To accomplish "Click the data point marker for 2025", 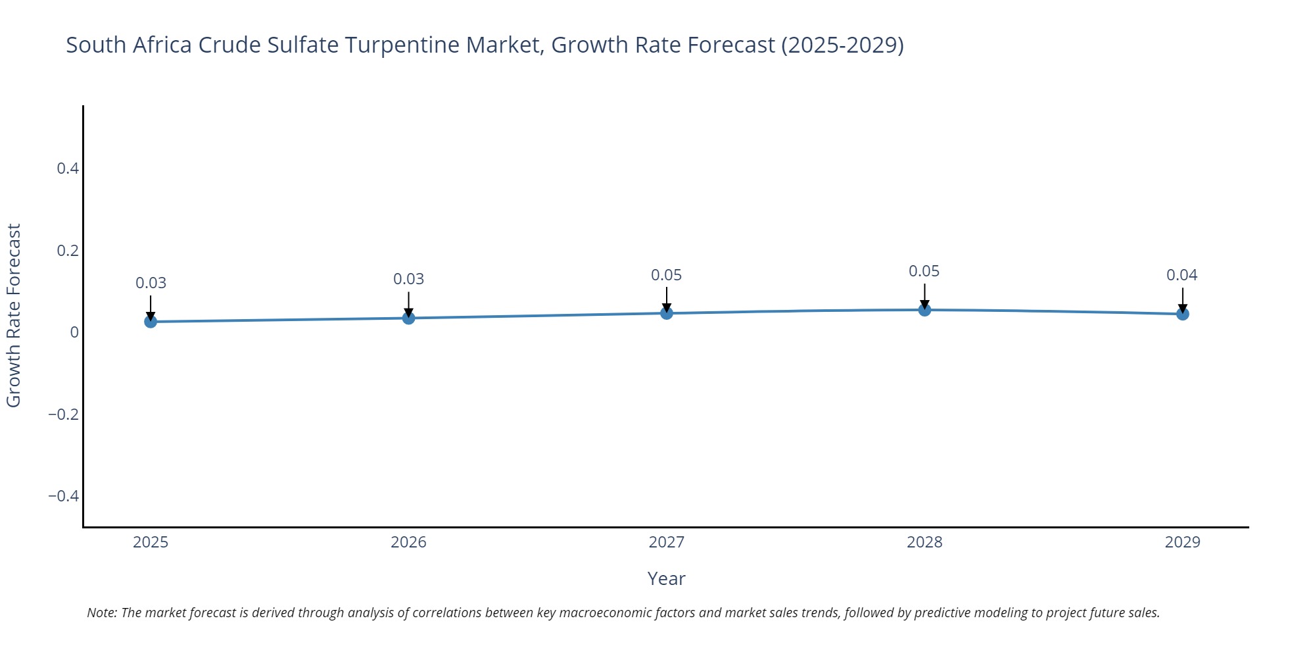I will pos(151,321).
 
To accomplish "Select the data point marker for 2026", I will pos(408,318).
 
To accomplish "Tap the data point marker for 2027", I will pos(667,313).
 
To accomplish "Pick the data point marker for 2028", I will pos(924,309).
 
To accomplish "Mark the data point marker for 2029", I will pos(1182,314).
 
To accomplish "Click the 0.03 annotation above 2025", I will pos(151,283).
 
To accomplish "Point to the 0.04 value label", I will pos(1182,275).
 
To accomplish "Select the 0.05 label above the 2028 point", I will pos(924,271).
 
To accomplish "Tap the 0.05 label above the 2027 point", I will pos(666,275).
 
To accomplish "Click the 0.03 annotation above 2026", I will pos(408,279).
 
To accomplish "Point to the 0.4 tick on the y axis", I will pos(68,168).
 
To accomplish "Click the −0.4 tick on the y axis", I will pos(63,495).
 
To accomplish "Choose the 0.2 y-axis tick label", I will pos(68,250).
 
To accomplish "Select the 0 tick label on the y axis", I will pos(74,332).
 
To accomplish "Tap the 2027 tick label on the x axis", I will pos(666,542).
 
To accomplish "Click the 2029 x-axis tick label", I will pos(1182,542).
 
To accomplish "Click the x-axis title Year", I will pos(666,578).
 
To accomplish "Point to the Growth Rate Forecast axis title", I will pos(14,316).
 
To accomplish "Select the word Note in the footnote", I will pos(101,613).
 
